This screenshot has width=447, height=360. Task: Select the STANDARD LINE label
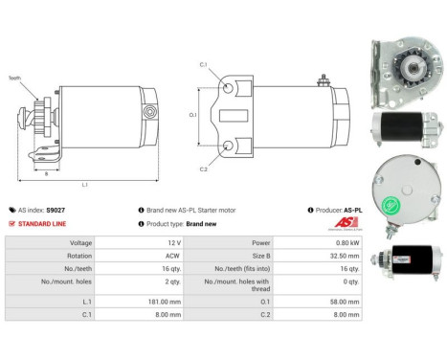(45, 224)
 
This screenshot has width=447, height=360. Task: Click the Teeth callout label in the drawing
(14, 78)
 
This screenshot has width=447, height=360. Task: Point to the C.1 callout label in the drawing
(204, 64)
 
